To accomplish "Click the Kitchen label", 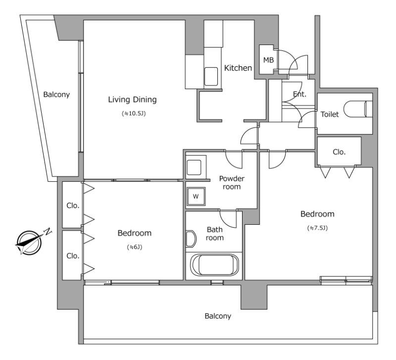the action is click(x=238, y=68).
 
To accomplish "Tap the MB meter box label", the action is click(x=268, y=60).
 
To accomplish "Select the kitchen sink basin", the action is click(x=211, y=76).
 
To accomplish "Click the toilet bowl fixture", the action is click(x=358, y=109).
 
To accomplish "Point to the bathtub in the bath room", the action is click(x=214, y=265).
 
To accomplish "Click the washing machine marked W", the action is click(x=196, y=196).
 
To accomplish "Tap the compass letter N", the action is click(x=48, y=231).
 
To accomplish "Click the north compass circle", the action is click(x=29, y=243).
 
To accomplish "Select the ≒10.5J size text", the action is click(x=134, y=113).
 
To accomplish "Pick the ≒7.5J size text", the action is click(x=317, y=228).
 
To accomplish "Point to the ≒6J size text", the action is click(x=134, y=247).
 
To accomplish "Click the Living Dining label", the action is click(x=132, y=100).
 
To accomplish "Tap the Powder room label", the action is click(x=232, y=183).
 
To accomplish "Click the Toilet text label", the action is click(x=330, y=114).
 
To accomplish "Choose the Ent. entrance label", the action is click(x=299, y=94).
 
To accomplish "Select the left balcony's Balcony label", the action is click(x=56, y=95).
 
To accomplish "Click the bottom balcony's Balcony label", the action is click(x=218, y=316).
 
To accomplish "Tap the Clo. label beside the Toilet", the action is click(x=339, y=152).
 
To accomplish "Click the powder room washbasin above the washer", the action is click(x=194, y=167).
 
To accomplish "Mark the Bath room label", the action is click(x=215, y=233).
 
